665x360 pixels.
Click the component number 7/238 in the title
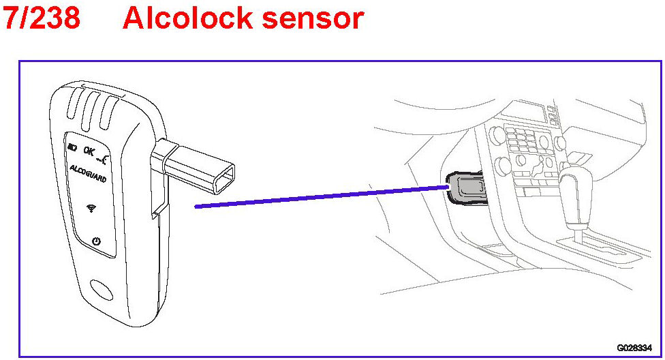(x=42, y=18)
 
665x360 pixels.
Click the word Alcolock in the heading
(x=179, y=18)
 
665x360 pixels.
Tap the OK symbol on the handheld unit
(x=89, y=149)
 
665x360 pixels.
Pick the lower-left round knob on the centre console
(x=504, y=166)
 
